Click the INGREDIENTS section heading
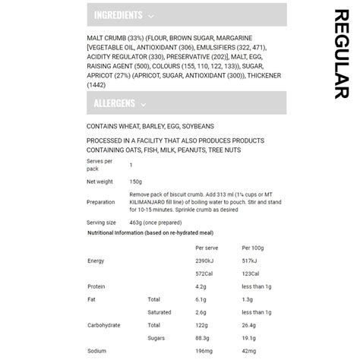click(x=118, y=15)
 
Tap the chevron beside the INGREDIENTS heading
click(x=152, y=16)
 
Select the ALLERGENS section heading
click(x=114, y=104)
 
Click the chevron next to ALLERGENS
click(x=144, y=105)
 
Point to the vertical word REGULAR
click(x=340, y=53)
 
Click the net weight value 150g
click(x=136, y=182)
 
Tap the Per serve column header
click(x=207, y=248)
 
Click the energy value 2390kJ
click(x=207, y=261)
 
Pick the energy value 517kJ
click(x=251, y=261)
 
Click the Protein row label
click(x=96, y=286)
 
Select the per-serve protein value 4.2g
click(x=201, y=286)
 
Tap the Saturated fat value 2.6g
click(x=201, y=312)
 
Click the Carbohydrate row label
click(x=103, y=325)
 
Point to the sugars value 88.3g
click(x=204, y=338)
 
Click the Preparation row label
click(x=101, y=202)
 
